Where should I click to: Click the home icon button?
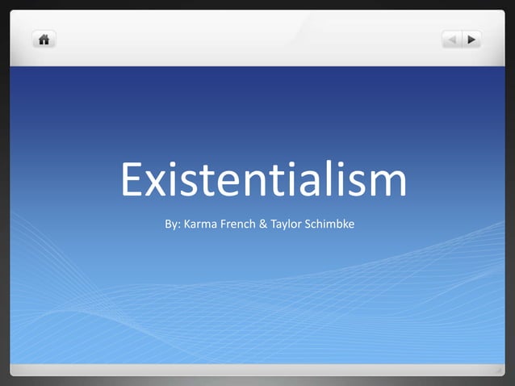click(43, 38)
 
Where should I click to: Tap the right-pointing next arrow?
click(471, 39)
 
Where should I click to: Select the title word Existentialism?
click(263, 181)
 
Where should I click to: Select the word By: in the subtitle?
click(173, 222)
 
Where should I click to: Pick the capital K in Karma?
click(189, 222)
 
